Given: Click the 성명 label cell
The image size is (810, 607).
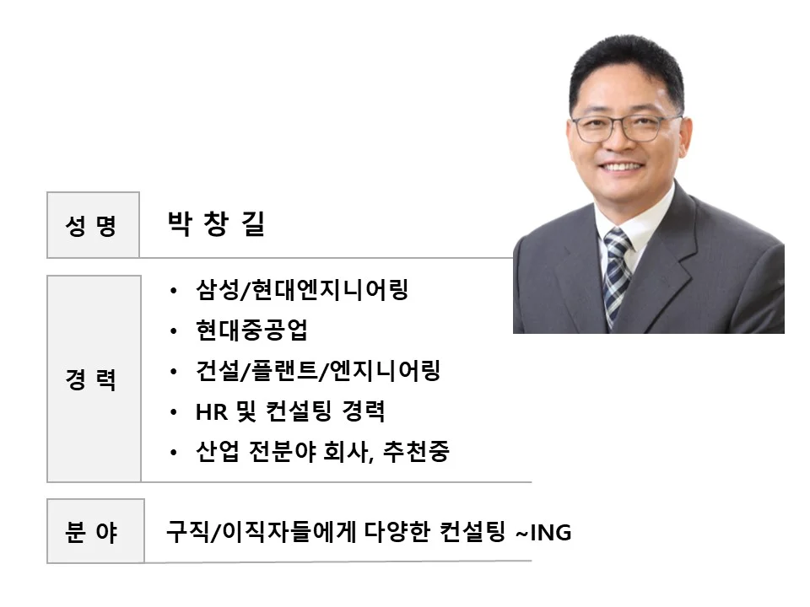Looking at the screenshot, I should [92, 225].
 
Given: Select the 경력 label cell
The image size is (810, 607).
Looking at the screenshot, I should [93, 379].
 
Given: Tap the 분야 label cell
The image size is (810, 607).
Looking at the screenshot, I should [94, 533].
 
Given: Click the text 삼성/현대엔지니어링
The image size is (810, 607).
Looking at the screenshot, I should [302, 291].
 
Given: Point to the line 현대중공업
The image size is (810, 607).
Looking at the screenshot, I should [251, 331].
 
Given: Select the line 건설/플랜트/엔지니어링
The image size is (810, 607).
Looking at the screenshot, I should [317, 372].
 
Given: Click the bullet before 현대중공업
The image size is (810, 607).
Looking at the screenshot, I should [174, 331].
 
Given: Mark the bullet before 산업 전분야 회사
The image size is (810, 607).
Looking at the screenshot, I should [174, 453].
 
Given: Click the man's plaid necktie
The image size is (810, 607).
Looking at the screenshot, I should [616, 270].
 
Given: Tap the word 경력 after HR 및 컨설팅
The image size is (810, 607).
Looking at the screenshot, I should [364, 413].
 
